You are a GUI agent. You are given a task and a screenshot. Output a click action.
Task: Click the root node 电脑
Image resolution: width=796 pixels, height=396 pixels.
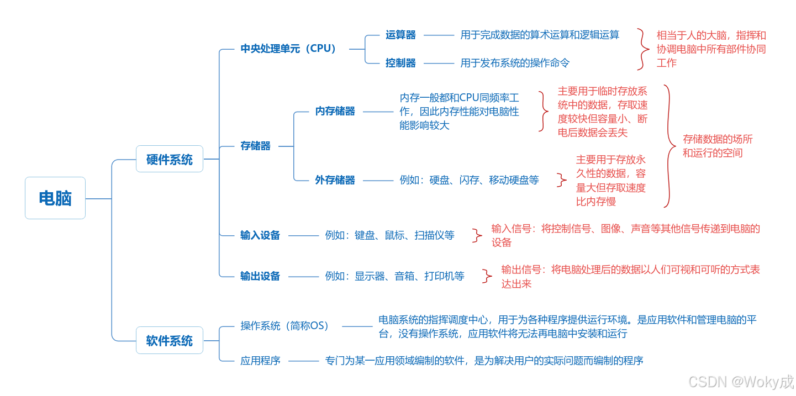point(55,198)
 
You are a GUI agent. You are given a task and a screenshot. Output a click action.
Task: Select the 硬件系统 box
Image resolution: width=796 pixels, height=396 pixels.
point(170,159)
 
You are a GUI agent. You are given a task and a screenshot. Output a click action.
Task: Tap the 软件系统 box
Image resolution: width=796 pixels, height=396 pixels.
point(170,340)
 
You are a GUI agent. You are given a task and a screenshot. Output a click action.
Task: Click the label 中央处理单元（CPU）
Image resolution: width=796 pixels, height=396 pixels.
point(289,49)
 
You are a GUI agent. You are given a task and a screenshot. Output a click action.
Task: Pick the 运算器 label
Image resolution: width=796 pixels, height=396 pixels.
point(400,35)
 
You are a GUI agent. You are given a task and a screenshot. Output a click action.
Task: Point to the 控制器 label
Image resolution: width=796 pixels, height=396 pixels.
point(400,63)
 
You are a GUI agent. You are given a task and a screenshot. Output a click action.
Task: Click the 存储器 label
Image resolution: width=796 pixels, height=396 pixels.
point(255,146)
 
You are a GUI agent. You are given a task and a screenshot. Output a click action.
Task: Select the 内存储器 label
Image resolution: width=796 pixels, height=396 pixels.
point(335,111)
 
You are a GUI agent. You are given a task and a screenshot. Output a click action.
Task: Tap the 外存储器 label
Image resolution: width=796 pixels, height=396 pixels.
point(335,180)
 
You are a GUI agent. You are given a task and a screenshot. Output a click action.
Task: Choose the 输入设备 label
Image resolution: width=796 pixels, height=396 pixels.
point(260,235)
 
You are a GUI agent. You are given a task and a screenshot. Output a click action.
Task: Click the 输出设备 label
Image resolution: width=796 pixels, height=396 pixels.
point(260,276)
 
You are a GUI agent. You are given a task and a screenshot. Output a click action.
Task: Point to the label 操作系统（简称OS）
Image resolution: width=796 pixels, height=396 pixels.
point(286,326)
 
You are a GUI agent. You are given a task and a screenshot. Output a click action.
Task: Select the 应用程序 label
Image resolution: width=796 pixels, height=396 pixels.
point(260,361)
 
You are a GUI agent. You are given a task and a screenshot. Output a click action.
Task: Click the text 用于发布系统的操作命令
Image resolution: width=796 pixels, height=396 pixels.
point(515,63)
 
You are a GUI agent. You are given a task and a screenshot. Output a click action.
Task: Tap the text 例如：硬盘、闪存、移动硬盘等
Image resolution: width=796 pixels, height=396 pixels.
point(469,180)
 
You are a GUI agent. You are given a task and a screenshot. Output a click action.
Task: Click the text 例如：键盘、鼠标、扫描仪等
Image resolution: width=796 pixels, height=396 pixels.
point(389,235)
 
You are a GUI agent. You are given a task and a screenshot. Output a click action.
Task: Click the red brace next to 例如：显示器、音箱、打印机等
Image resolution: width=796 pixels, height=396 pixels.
point(487,276)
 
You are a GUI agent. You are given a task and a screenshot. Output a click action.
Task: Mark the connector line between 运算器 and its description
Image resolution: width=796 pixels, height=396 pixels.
point(438,35)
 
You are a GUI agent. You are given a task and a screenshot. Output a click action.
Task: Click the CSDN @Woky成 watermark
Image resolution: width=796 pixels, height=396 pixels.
point(741,382)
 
